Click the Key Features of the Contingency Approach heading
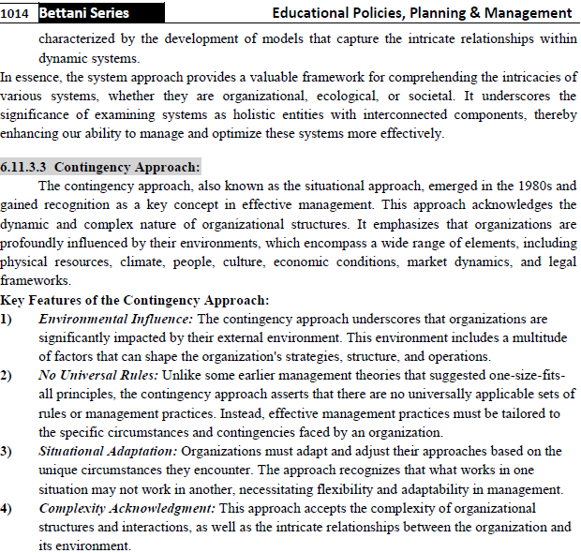tap(135, 300)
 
